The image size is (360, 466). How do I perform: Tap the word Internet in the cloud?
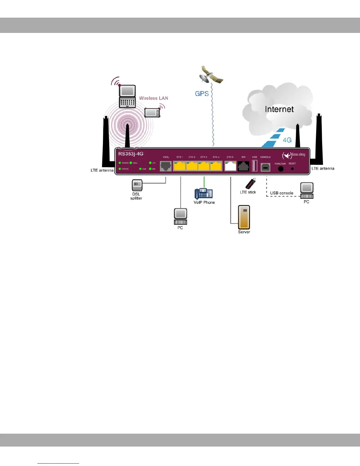(279, 109)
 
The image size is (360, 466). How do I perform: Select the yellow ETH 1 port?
(179, 166)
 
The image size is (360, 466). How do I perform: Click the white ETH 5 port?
(230, 166)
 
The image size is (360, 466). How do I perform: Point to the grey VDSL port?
(166, 166)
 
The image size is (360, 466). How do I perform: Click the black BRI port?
(244, 167)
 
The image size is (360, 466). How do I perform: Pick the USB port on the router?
(255, 166)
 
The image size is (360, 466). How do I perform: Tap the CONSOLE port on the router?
(265, 167)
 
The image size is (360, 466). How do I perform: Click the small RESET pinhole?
(292, 169)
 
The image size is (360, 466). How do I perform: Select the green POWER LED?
(120, 163)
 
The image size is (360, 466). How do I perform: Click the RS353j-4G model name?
(131, 154)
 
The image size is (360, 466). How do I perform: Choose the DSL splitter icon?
(137, 185)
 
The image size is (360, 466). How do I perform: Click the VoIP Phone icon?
(204, 194)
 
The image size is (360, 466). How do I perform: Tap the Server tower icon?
(244, 217)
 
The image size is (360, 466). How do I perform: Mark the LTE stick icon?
(251, 184)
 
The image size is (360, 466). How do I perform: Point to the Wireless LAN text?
(154, 98)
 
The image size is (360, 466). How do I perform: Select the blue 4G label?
(287, 140)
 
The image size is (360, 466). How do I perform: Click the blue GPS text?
(202, 94)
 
